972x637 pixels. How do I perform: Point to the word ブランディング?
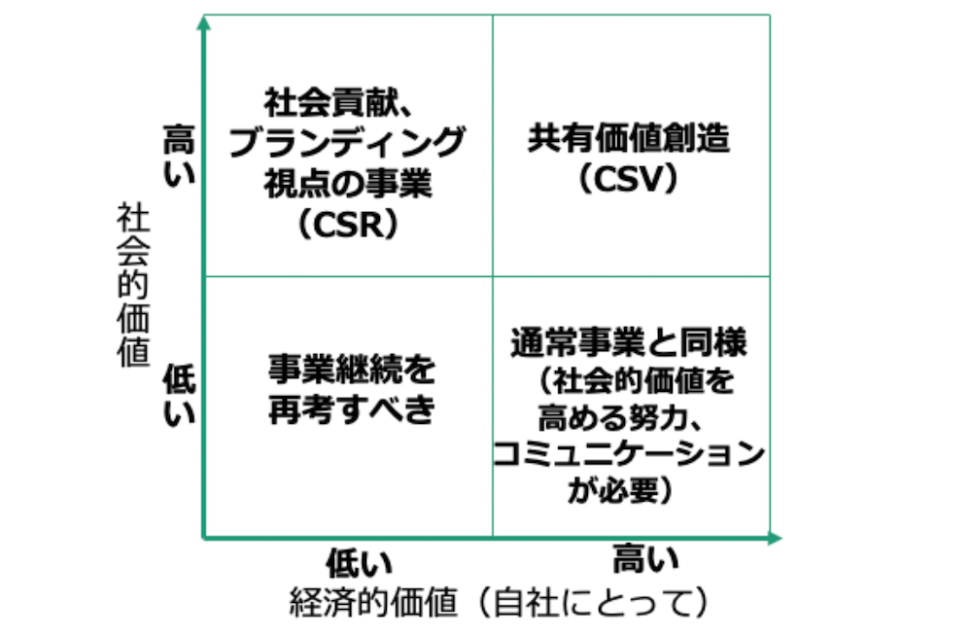348,143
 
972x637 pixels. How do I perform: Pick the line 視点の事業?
347,184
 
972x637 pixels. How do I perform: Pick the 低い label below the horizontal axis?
359,563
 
